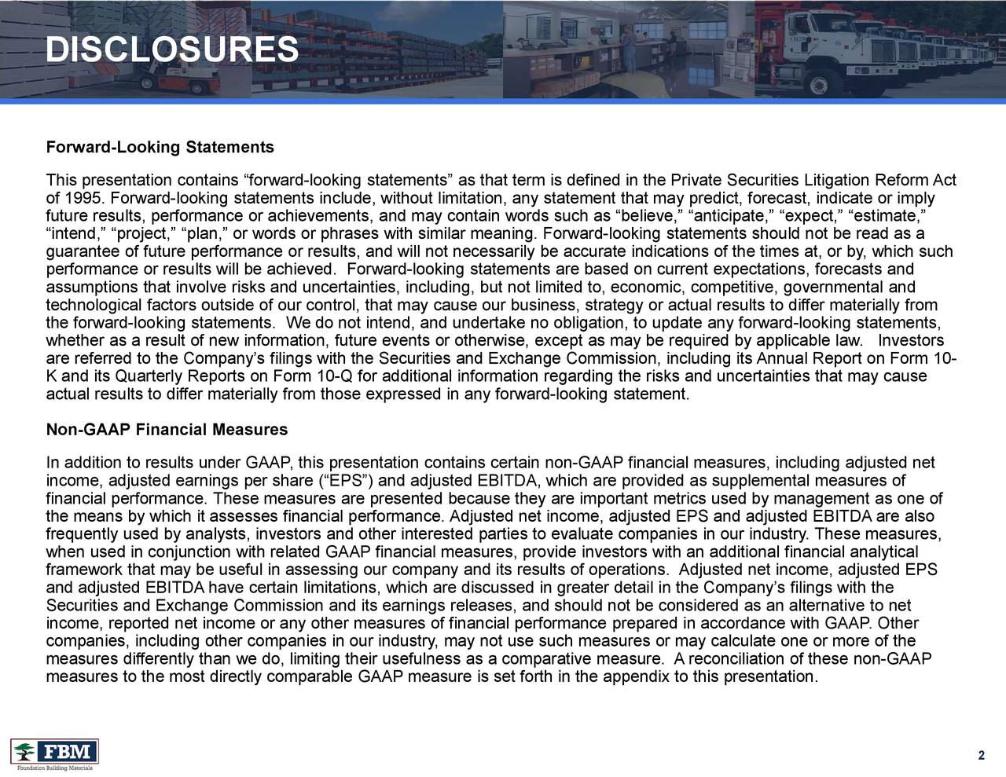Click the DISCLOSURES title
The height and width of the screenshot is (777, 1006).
[x=172, y=50]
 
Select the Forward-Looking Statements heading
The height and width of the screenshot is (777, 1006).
[x=160, y=148]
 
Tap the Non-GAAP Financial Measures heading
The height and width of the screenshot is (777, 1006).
[x=167, y=431]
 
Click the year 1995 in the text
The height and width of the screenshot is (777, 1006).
[x=81, y=196]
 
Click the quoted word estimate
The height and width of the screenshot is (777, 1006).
[x=890, y=214]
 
